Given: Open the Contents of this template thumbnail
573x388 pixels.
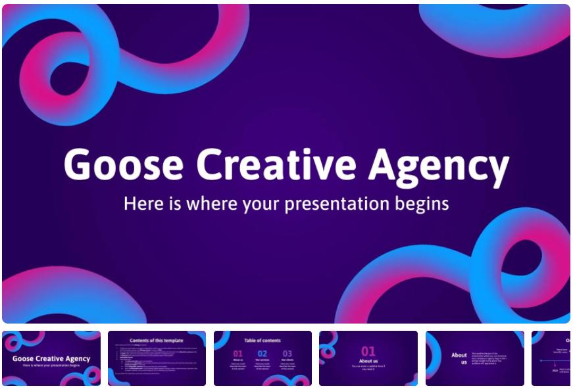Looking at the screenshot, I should [157, 358].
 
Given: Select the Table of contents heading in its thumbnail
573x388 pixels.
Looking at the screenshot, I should [262, 341].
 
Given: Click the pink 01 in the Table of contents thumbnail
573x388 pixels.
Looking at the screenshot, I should [238, 354].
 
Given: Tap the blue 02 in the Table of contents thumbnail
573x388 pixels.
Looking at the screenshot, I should [262, 354].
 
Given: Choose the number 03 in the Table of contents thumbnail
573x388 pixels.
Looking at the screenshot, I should [287, 354].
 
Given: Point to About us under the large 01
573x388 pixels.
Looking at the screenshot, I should [368, 361].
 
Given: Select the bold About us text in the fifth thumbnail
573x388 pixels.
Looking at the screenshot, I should [459, 358].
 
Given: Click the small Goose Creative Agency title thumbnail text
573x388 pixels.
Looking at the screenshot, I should [51, 358].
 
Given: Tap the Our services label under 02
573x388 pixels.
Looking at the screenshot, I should [262, 361].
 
